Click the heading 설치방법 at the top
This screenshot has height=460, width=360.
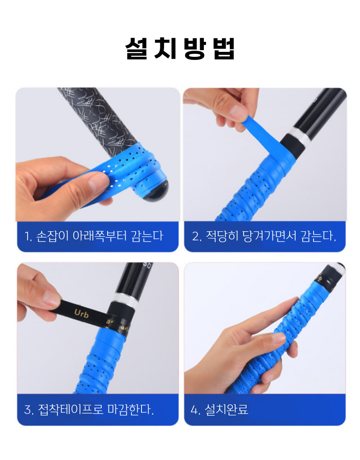(x=180, y=49)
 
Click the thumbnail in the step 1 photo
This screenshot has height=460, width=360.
(x=99, y=183)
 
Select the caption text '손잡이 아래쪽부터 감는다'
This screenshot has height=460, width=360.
(x=99, y=236)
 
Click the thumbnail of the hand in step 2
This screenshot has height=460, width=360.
(x=238, y=112)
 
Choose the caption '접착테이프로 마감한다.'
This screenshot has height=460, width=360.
(x=96, y=409)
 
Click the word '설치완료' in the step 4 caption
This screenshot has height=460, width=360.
(x=226, y=409)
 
